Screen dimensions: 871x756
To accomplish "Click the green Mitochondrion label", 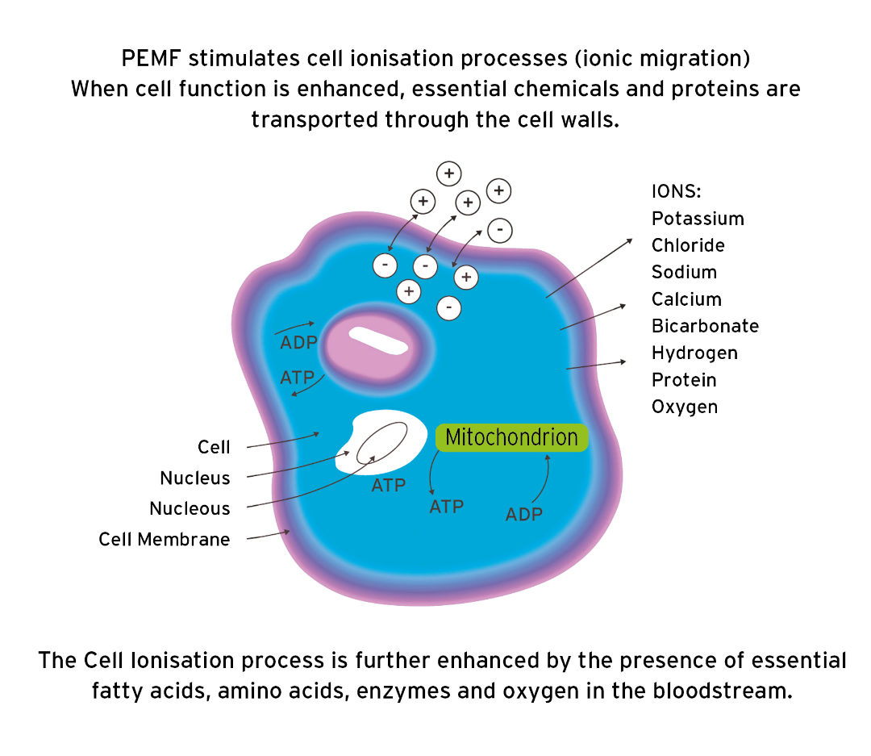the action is (x=511, y=437).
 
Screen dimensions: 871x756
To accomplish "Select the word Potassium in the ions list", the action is (x=698, y=219).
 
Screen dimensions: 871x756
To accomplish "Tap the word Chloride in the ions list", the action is (x=688, y=245).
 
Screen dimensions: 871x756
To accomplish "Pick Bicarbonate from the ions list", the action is (x=705, y=326).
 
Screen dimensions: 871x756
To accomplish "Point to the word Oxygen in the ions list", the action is (x=685, y=407).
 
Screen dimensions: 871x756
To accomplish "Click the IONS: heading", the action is (x=676, y=191).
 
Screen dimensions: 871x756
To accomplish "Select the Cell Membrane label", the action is (x=164, y=539).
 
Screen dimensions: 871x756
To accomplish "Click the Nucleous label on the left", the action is (x=190, y=508).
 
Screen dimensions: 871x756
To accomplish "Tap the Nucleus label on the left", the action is (x=194, y=478).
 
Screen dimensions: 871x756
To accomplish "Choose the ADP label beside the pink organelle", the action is (x=299, y=342).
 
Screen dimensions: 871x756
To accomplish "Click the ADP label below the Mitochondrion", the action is (x=524, y=514).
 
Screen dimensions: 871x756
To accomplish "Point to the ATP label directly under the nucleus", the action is (x=388, y=485).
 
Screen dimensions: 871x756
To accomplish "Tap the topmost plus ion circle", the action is (x=449, y=173).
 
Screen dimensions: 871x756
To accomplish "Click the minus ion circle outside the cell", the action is (x=500, y=230).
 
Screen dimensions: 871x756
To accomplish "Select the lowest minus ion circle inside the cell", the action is (x=449, y=308).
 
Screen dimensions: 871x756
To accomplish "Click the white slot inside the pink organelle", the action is (x=378, y=340).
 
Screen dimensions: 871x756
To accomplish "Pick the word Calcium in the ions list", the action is (x=686, y=299).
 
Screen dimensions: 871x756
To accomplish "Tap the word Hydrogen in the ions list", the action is (x=694, y=353).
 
